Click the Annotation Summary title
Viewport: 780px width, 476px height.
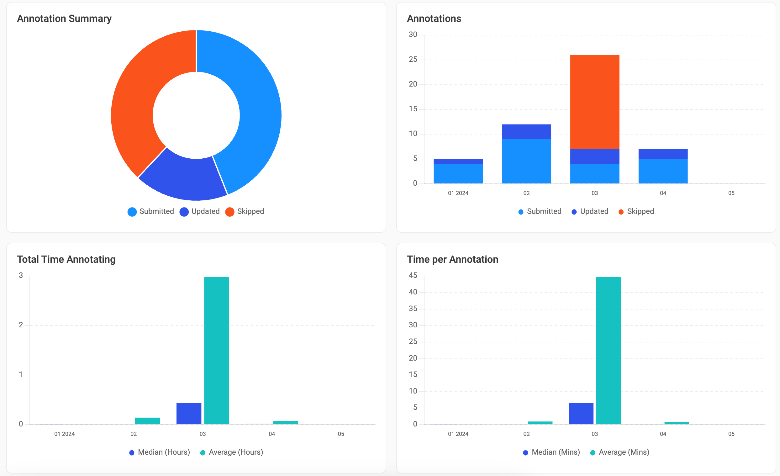(x=64, y=19)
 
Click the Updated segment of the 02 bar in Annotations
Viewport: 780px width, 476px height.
(x=526, y=132)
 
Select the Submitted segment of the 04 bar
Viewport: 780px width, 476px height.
(x=663, y=171)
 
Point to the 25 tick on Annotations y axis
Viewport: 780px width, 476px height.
(x=413, y=60)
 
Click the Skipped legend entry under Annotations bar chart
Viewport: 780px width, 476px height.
(x=636, y=212)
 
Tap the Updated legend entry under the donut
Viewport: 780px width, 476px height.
(x=200, y=212)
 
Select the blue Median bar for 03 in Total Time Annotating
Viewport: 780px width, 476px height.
(x=189, y=413)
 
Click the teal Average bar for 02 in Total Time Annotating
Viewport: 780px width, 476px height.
(x=147, y=421)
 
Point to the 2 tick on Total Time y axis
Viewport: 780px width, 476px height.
(x=21, y=325)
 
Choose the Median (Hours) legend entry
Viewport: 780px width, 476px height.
(x=160, y=452)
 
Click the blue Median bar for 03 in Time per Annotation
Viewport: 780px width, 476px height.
(x=581, y=413)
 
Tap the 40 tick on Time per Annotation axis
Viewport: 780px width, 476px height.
(x=413, y=292)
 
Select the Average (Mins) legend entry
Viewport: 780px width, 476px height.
(x=620, y=452)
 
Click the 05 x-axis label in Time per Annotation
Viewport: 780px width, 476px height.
(x=731, y=434)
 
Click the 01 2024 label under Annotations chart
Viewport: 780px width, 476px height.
(x=458, y=193)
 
